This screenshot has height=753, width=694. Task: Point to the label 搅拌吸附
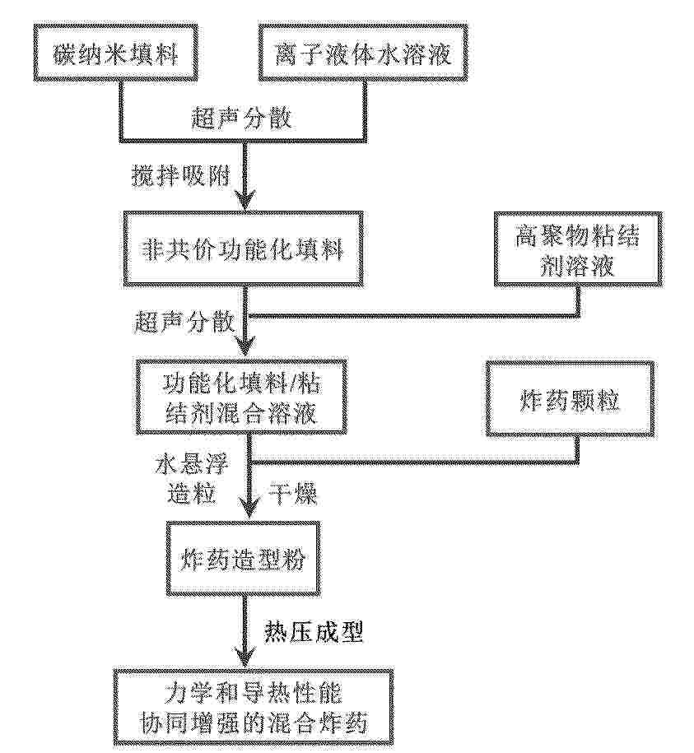coord(181,177)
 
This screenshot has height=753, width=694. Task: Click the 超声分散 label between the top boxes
coord(241,118)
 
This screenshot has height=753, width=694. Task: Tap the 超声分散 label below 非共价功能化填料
coord(184,322)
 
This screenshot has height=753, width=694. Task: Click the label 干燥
coord(293,493)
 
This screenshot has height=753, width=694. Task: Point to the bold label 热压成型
coord(314,633)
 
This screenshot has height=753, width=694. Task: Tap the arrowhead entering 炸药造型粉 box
coord(247,510)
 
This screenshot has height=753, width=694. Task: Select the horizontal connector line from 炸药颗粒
coord(413,462)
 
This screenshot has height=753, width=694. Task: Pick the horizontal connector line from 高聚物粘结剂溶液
coord(412,316)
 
